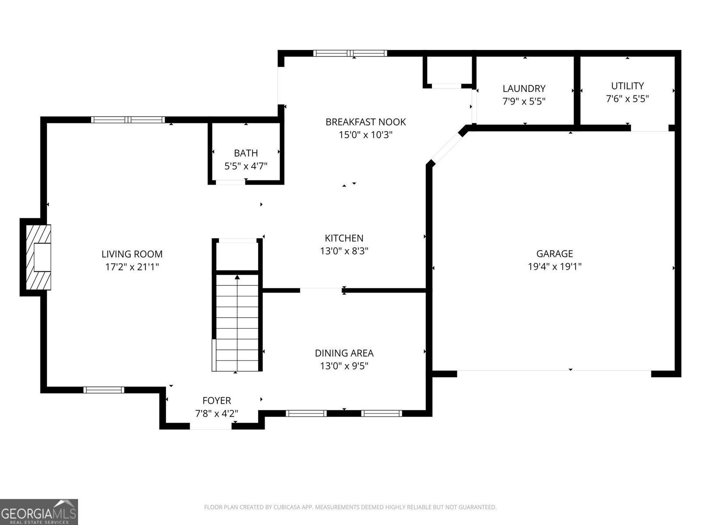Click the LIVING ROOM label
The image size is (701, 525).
pyautogui.click(x=132, y=254)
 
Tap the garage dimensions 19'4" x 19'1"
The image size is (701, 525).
pyautogui.click(x=555, y=266)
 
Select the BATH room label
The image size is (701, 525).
pyautogui.click(x=246, y=153)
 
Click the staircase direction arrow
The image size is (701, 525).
pyautogui.click(x=237, y=277)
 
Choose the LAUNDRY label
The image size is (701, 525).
pyautogui.click(x=524, y=88)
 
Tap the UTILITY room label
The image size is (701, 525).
pyautogui.click(x=627, y=86)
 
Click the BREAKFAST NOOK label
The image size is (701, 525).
pyautogui.click(x=365, y=122)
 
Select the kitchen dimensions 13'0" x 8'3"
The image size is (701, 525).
pyautogui.click(x=344, y=251)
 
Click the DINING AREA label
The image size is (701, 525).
pyautogui.click(x=344, y=353)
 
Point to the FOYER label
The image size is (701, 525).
pyautogui.click(x=216, y=400)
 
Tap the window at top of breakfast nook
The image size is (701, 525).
pyautogui.click(x=350, y=53)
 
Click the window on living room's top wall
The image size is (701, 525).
pyautogui.click(x=128, y=119)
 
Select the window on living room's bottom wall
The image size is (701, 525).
pyautogui.click(x=104, y=390)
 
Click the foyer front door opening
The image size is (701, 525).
pyautogui.click(x=211, y=426)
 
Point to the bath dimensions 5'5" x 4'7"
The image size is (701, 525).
pyautogui.click(x=246, y=166)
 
